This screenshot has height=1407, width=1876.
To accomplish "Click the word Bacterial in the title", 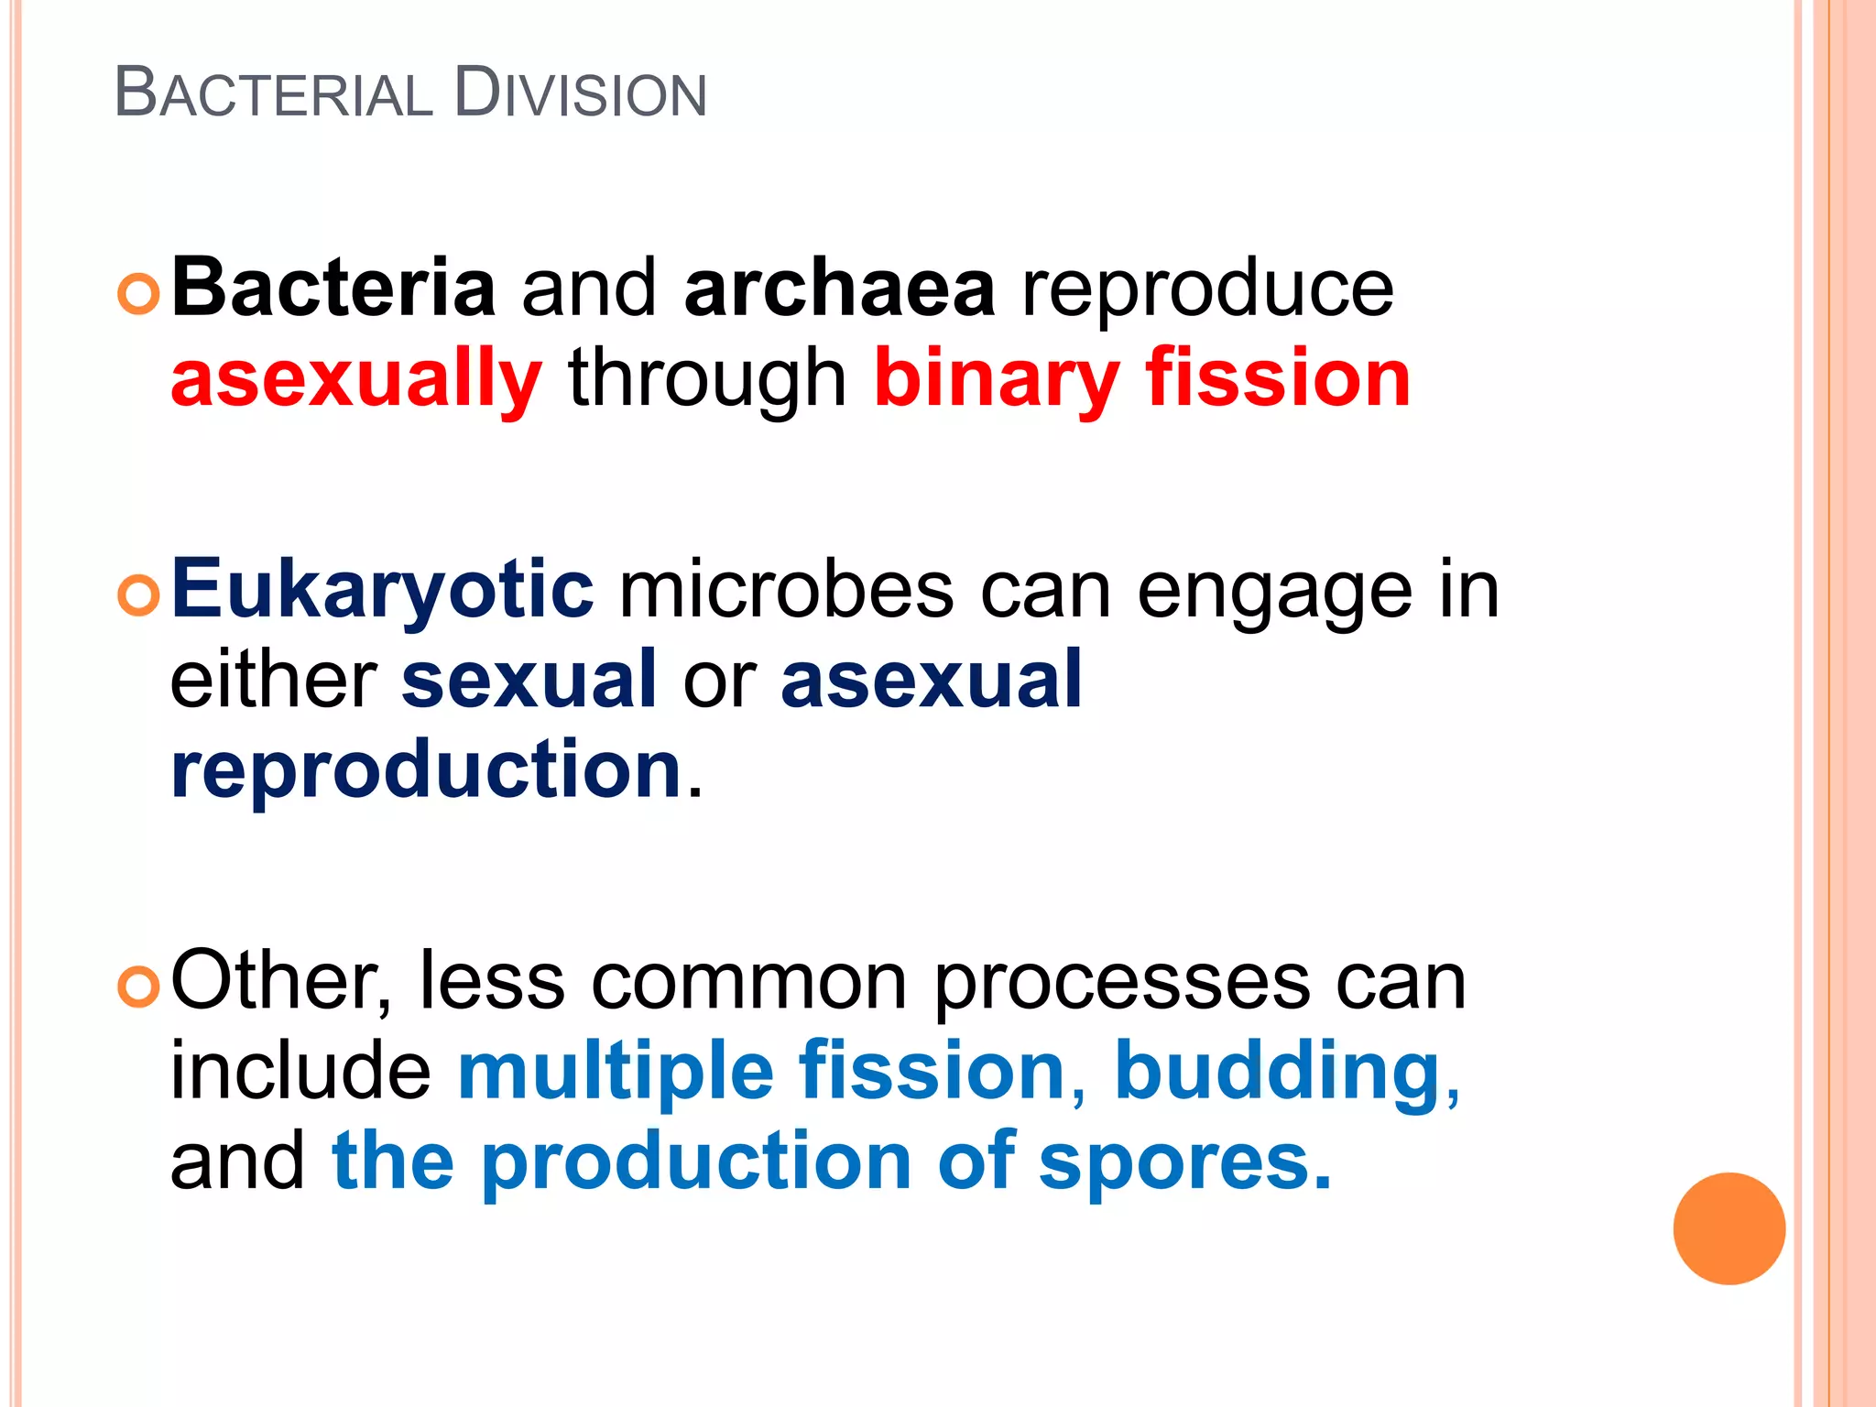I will pyautogui.click(x=273, y=94).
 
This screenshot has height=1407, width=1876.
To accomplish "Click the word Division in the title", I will pyautogui.click(x=580, y=94).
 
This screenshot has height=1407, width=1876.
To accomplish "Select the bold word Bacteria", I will pyautogui.click(x=333, y=289).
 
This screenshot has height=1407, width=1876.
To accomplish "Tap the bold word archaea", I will pyautogui.click(x=839, y=289).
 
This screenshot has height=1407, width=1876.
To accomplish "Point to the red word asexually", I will pyautogui.click(x=356, y=380).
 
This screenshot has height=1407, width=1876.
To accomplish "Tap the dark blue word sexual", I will pyautogui.click(x=529, y=679).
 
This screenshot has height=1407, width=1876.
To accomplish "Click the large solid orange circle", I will pyautogui.click(x=1729, y=1228).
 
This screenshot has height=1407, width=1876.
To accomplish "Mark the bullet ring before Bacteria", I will pyautogui.click(x=139, y=294).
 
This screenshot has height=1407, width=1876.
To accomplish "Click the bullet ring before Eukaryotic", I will pyautogui.click(x=139, y=595).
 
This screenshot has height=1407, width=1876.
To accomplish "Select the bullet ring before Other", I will pyautogui.click(x=139, y=987).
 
